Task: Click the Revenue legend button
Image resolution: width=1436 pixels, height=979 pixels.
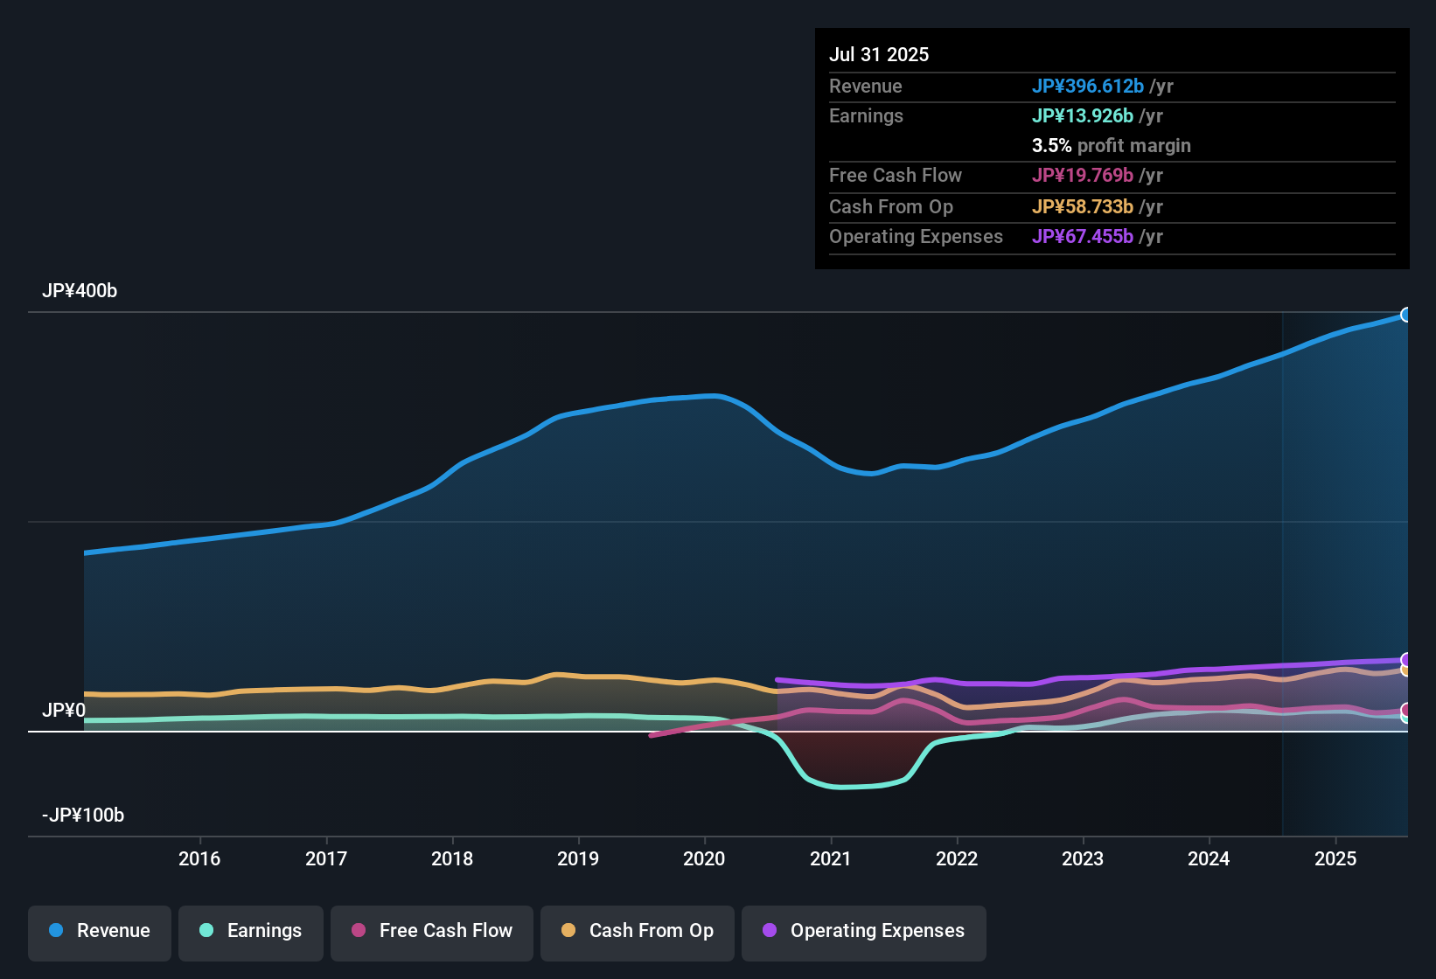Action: click(100, 931)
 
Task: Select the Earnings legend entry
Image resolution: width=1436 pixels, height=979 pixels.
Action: click(251, 931)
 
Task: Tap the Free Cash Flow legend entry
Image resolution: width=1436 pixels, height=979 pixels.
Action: click(432, 931)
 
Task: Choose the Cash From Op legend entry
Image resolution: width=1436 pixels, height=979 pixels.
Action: click(638, 931)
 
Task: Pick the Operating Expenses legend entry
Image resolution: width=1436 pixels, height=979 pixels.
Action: click(864, 931)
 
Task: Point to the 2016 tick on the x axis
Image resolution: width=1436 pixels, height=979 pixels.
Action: click(199, 858)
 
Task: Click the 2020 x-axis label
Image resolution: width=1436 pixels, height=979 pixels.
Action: click(704, 858)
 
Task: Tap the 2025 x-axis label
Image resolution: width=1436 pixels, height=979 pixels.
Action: click(1335, 858)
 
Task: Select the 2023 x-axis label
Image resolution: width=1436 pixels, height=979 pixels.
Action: click(1083, 858)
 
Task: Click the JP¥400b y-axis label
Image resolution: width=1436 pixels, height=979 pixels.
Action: click(80, 291)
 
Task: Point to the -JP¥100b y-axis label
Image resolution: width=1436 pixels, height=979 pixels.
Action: click(83, 816)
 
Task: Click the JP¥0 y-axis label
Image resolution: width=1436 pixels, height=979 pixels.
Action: click(64, 711)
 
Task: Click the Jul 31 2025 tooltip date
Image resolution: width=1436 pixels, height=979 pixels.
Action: click(879, 54)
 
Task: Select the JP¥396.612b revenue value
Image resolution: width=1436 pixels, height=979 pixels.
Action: click(1088, 86)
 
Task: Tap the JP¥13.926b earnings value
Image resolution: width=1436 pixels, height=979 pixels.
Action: click(1083, 115)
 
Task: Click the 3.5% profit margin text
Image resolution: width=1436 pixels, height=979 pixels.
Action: click(1112, 145)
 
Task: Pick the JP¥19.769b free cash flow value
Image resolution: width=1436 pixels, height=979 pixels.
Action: click(1083, 175)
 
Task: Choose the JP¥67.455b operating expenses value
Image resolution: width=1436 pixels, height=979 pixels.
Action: click(1083, 236)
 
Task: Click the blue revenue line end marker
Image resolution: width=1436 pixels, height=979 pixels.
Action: click(1406, 315)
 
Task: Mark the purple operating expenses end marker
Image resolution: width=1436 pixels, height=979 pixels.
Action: click(1406, 660)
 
